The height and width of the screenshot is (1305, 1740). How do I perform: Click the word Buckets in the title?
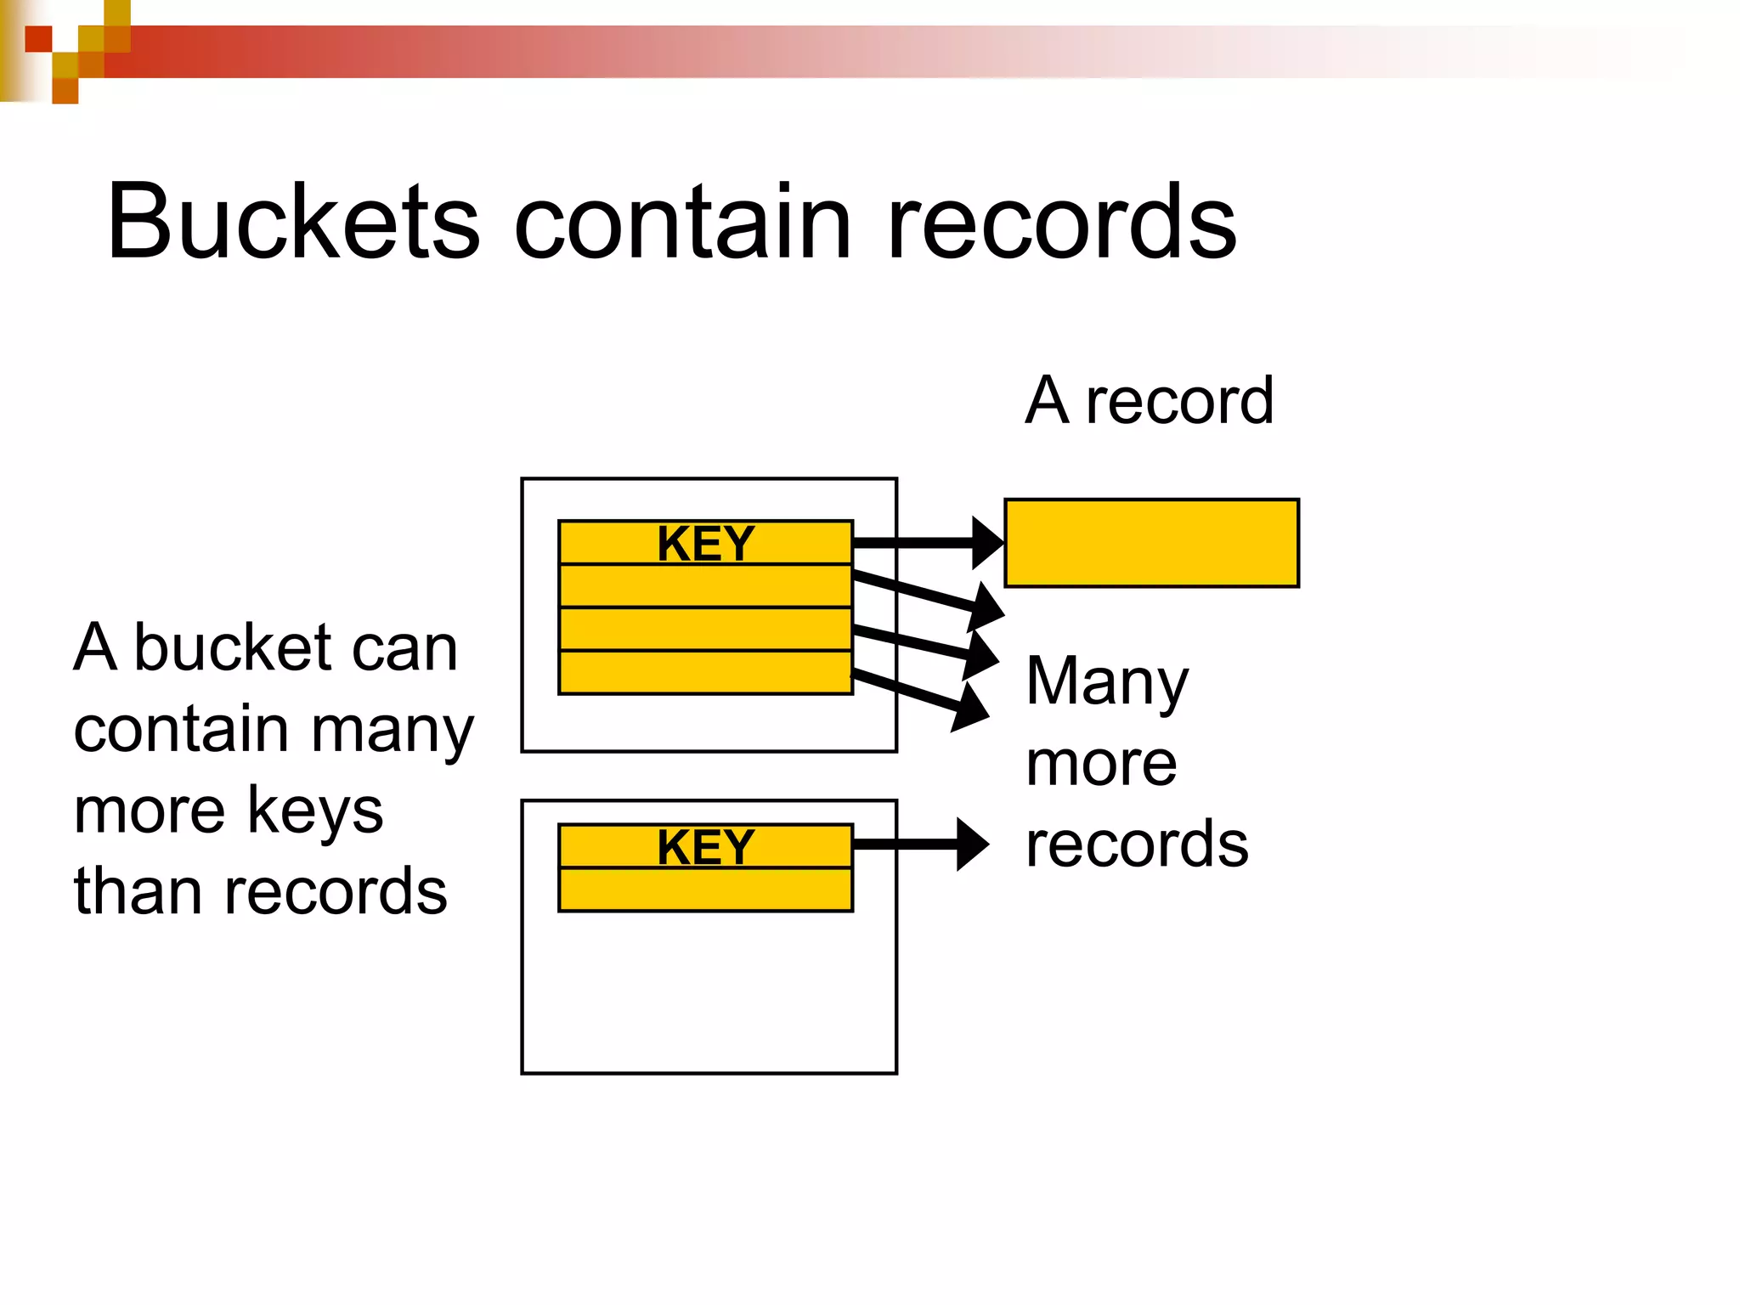pyautogui.click(x=293, y=223)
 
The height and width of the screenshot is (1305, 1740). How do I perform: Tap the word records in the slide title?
pyautogui.click(x=1061, y=223)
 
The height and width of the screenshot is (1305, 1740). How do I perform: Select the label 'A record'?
pyautogui.click(x=1149, y=400)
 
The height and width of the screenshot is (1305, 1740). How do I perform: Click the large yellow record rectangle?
pyautogui.click(x=1151, y=543)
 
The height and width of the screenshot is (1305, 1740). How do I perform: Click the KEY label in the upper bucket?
pyautogui.click(x=705, y=544)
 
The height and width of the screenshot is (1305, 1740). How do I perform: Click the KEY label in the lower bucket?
pyautogui.click(x=705, y=847)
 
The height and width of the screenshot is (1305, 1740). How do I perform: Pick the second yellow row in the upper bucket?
pyautogui.click(x=705, y=586)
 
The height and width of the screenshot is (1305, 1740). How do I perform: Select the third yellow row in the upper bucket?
pyautogui.click(x=705, y=630)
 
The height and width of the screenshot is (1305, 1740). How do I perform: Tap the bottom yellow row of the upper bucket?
pyautogui.click(x=705, y=673)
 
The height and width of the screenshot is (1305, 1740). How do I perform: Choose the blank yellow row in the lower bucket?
pyautogui.click(x=705, y=890)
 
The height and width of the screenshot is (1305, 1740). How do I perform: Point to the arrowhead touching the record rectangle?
pyautogui.click(x=987, y=543)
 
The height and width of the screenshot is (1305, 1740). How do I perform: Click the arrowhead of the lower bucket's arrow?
pyautogui.click(x=972, y=844)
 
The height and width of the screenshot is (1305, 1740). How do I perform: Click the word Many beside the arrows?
pyautogui.click(x=1106, y=682)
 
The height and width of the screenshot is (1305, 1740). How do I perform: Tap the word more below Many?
pyautogui.click(x=1101, y=764)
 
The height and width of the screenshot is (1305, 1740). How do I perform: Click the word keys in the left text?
pyautogui.click(x=315, y=811)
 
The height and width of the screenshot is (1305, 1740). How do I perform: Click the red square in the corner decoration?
pyautogui.click(x=38, y=39)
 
